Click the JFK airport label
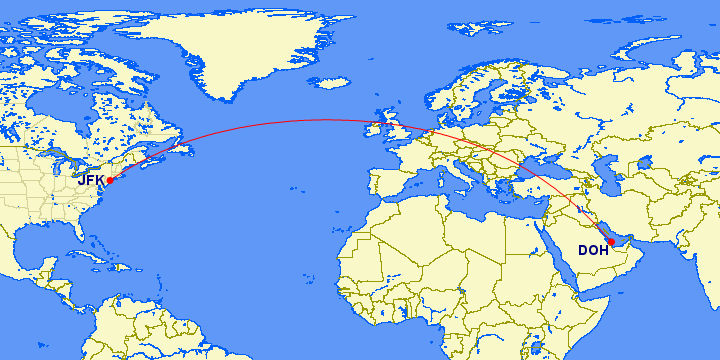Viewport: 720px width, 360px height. [x=90, y=180]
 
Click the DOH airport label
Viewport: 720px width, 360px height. [x=592, y=251]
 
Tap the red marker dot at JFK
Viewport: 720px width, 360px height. [x=110, y=181]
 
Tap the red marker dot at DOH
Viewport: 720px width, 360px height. [x=611, y=242]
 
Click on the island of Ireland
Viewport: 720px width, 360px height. [x=378, y=131]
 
